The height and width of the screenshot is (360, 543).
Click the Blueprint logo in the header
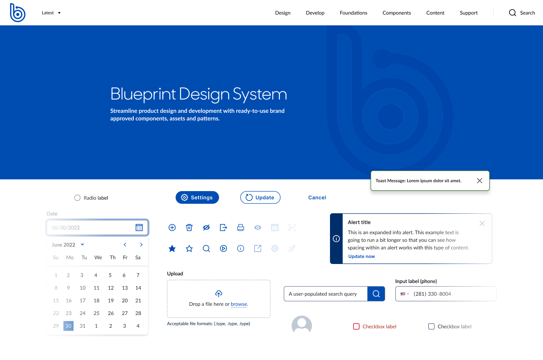(17, 13)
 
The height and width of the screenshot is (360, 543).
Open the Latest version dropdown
(51, 13)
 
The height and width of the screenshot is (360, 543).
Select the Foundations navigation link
(353, 13)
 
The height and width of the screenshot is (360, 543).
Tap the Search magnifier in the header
(512, 13)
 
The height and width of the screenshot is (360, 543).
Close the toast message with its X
(479, 181)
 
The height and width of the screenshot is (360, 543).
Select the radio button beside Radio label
(77, 198)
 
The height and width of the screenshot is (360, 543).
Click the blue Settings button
(197, 197)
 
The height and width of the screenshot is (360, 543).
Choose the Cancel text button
(317, 197)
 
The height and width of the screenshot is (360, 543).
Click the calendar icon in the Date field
(139, 228)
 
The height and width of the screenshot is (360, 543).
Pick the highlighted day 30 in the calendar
(68, 326)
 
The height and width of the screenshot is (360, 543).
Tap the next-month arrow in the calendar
(141, 245)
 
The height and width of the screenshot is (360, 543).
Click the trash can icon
(189, 228)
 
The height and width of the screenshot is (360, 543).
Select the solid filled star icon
(172, 248)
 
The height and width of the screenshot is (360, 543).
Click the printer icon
(241, 228)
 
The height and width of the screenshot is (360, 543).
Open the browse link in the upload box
(239, 304)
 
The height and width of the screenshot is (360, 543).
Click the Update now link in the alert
(361, 256)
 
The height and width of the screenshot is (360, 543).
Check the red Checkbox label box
(356, 326)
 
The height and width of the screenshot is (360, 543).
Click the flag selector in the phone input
(405, 294)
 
